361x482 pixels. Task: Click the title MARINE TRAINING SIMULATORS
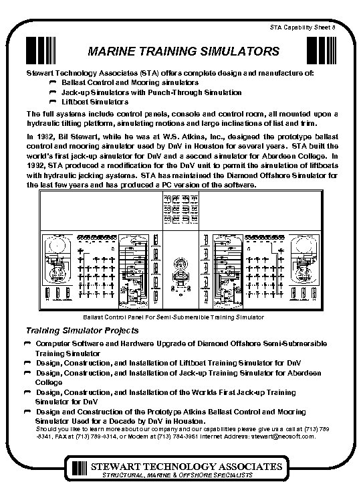180,52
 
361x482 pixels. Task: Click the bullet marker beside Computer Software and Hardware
29,343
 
